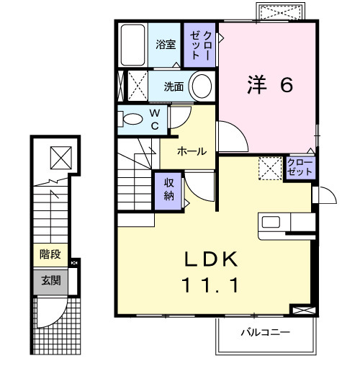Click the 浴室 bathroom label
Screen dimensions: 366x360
[166, 45]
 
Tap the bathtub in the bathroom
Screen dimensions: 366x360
[132, 45]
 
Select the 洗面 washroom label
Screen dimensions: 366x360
[173, 87]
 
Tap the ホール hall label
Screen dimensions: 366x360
[192, 151]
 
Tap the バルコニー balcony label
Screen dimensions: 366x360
[264, 333]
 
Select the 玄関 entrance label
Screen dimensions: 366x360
[49, 280]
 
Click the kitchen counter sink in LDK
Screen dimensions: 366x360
[272, 222]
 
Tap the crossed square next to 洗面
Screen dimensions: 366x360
[137, 86]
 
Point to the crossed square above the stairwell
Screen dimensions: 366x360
[60, 155]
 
